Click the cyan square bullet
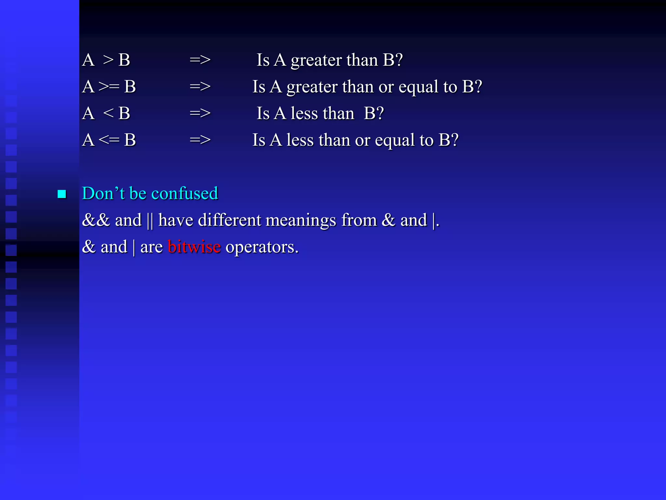click(62, 194)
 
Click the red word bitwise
click(194, 247)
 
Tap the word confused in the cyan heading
click(185, 193)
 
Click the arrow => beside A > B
click(200, 60)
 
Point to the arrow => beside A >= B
click(200, 87)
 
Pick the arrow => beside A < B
click(200, 113)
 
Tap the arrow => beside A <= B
click(200, 140)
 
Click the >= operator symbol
click(109, 87)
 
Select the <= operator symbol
click(109, 140)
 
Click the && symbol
click(96, 220)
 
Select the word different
click(230, 220)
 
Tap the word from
click(359, 220)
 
